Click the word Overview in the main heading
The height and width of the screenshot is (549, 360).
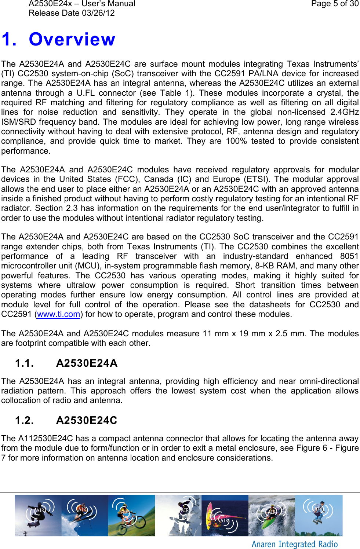coord(72,39)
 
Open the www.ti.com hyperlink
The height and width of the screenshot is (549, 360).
coord(59,314)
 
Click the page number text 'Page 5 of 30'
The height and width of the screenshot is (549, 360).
coord(335,4)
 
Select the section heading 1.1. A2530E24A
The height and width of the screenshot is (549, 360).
coord(66,363)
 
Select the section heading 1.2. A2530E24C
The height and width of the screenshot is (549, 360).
coord(66,420)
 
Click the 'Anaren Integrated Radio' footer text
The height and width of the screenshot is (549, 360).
coord(294,544)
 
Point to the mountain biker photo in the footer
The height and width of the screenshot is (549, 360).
coord(131,515)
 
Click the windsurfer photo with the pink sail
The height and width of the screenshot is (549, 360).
coord(225,515)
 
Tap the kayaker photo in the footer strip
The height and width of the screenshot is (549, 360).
coord(272,515)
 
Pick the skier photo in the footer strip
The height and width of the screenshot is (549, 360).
coord(84,515)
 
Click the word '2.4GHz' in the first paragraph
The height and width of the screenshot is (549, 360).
coord(344,112)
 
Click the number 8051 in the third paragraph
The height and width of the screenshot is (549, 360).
coord(349,256)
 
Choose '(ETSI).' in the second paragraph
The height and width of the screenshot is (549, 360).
coord(257,179)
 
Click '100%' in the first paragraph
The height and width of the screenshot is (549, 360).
coord(236,141)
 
